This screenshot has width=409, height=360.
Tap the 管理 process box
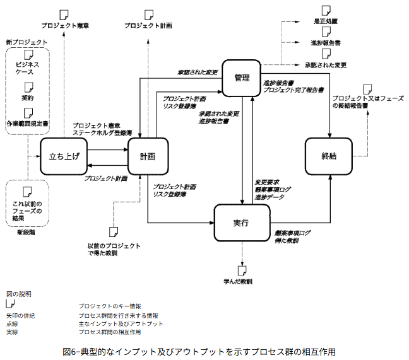click(x=242, y=78)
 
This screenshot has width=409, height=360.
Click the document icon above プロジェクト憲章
click(x=64, y=14)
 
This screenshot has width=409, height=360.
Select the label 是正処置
click(x=325, y=21)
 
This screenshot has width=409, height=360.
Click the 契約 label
click(x=28, y=99)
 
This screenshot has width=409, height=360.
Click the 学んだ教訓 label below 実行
click(x=239, y=278)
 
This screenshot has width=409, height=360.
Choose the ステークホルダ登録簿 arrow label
click(x=101, y=133)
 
